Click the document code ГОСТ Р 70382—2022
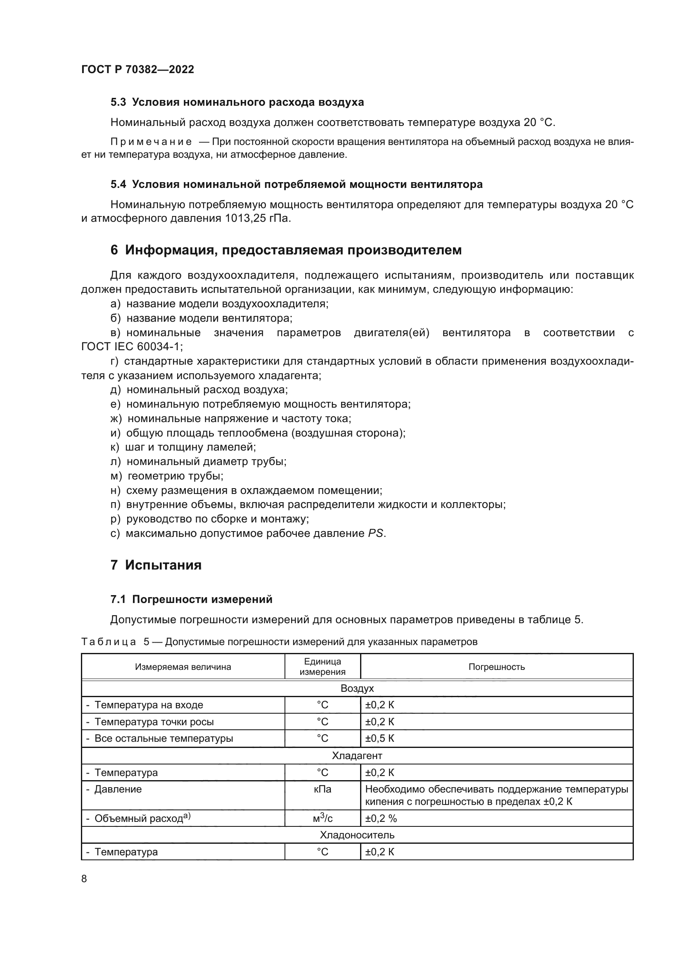tap(138, 69)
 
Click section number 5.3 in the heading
tap(118, 102)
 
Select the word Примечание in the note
tap(151, 142)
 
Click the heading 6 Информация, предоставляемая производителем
tap(286, 250)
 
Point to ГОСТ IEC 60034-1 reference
tap(132, 347)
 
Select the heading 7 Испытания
tap(156, 565)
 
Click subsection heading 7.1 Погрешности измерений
tap(191, 600)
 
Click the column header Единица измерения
tap(322, 667)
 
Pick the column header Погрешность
tap(496, 667)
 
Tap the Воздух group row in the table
tap(357, 688)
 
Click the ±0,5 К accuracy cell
tap(379, 738)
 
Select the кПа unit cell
tap(322, 789)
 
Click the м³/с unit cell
tap(322, 818)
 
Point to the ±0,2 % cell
tap(381, 818)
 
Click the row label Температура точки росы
tap(154, 722)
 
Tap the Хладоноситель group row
tap(357, 835)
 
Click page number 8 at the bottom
tap(84, 878)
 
